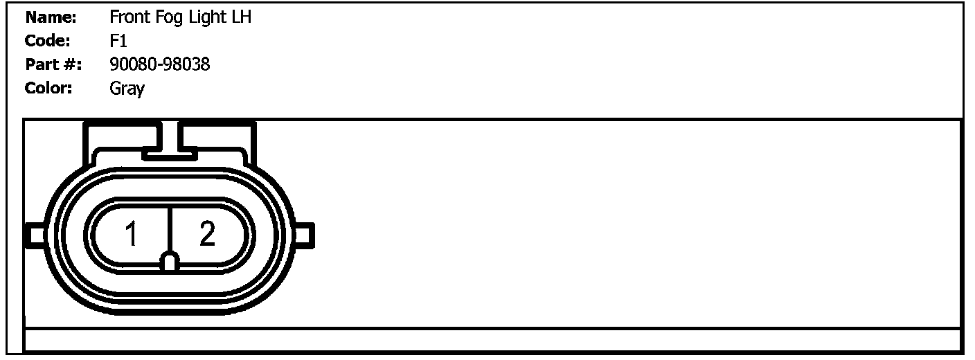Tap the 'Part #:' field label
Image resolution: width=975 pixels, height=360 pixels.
click(53, 65)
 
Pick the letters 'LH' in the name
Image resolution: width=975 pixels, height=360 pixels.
click(240, 17)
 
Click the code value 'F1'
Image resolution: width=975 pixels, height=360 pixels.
click(118, 41)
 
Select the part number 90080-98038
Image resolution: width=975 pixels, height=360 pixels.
click(159, 65)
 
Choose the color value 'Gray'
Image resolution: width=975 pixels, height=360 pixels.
click(127, 89)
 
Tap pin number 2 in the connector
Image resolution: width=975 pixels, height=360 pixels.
click(206, 235)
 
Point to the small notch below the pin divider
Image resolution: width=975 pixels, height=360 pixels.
click(170, 261)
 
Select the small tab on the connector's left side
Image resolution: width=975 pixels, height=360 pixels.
click(35, 235)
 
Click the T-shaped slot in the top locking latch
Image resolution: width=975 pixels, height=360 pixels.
click(170, 145)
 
